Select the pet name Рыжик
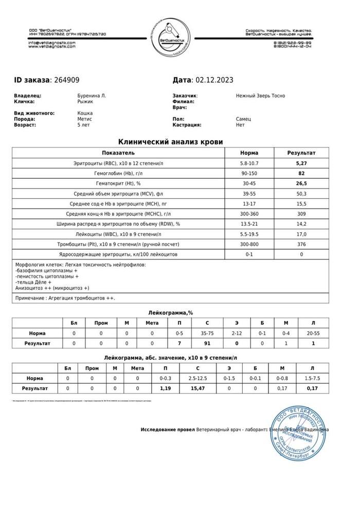pyautogui.click(x=84, y=102)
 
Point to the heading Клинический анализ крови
pyautogui.click(x=171, y=141)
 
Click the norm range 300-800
pyautogui.click(x=249, y=244)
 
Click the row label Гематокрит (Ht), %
pyautogui.click(x=118, y=183)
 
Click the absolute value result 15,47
pyautogui.click(x=197, y=388)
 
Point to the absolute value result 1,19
pyautogui.click(x=166, y=388)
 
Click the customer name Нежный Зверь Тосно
pyautogui.click(x=260, y=96)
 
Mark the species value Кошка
pyautogui.click(x=85, y=113)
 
